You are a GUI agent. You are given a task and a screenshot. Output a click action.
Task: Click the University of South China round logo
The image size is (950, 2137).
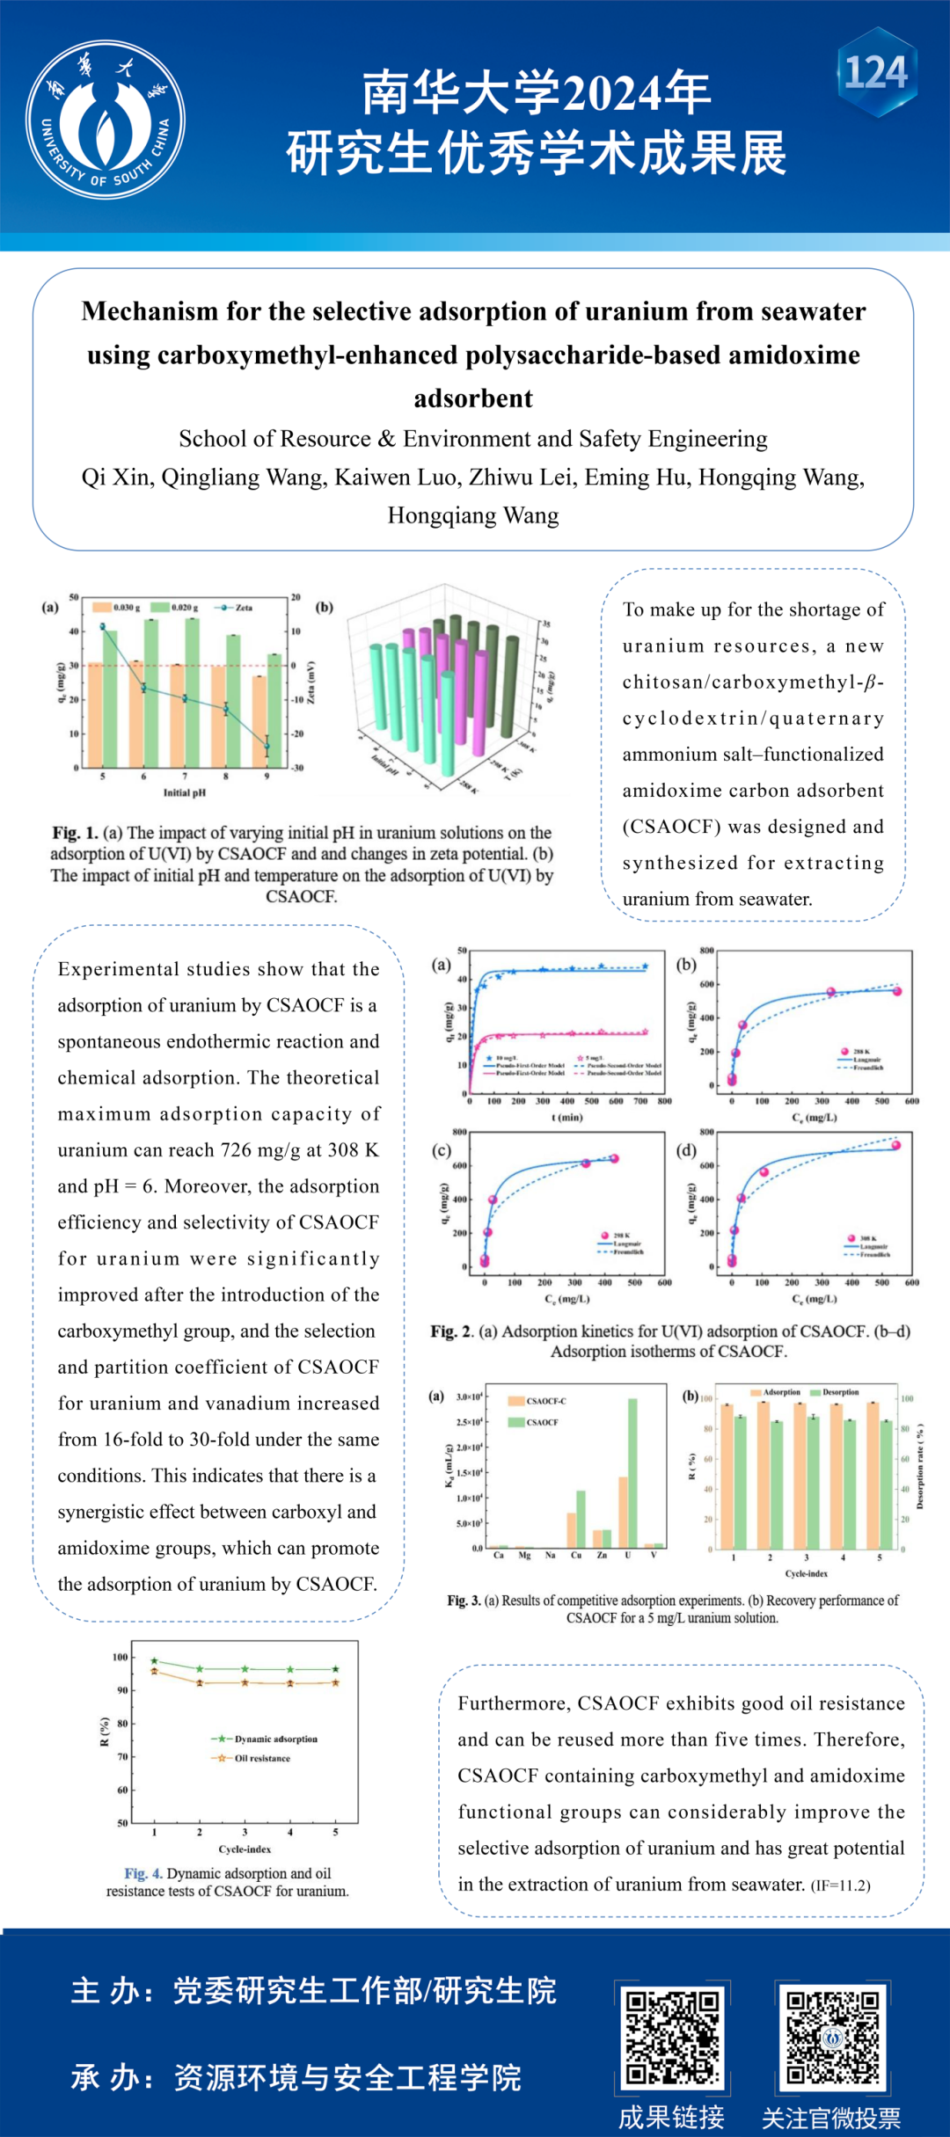tap(106, 120)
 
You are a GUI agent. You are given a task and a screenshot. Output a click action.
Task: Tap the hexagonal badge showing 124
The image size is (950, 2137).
tap(876, 72)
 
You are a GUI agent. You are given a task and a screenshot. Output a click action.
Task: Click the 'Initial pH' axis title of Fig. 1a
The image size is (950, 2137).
tap(185, 792)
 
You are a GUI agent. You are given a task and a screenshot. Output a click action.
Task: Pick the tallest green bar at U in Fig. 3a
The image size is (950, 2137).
tap(632, 1472)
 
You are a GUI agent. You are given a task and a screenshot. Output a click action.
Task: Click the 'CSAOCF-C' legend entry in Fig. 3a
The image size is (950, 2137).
tap(546, 1401)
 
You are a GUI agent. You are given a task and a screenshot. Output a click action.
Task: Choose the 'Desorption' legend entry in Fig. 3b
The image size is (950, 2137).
tap(840, 1392)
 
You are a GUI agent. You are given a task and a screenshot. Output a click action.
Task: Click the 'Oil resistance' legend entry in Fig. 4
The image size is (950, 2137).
tap(261, 1758)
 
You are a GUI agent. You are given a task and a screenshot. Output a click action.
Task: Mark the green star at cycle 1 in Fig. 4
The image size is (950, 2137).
tap(155, 1661)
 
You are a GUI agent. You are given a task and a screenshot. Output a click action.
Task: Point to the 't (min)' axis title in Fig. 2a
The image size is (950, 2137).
tap(566, 1117)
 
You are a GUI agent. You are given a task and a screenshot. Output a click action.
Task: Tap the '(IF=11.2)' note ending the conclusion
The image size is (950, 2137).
tap(841, 1885)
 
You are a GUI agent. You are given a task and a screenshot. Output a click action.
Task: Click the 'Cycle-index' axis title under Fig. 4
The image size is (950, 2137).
tap(245, 1849)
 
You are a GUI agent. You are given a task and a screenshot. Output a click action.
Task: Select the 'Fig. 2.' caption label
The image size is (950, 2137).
tap(451, 1331)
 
